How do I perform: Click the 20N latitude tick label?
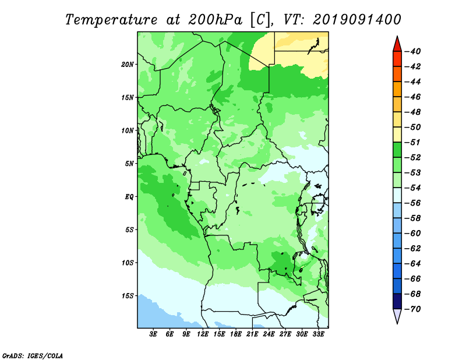128,65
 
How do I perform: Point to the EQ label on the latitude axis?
129,197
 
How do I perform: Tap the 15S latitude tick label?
128,296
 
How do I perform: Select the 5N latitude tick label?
129,164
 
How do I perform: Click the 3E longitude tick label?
153,334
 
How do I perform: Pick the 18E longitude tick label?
236,334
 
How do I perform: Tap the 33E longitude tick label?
318,334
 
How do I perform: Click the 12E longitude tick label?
203,334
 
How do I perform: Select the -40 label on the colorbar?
413,51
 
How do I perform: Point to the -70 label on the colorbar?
413,309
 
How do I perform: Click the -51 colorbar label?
413,142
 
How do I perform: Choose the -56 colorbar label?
413,203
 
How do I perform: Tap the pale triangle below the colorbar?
397,315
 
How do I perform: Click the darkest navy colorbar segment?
397,301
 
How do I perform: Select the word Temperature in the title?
111,20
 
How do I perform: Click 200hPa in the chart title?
216,20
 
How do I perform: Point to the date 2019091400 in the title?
357,20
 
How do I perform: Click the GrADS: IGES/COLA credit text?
33,355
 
